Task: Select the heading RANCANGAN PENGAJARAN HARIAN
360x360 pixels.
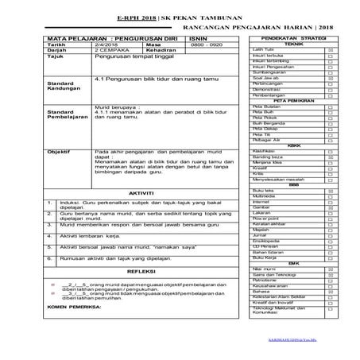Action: (x=238, y=26)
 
